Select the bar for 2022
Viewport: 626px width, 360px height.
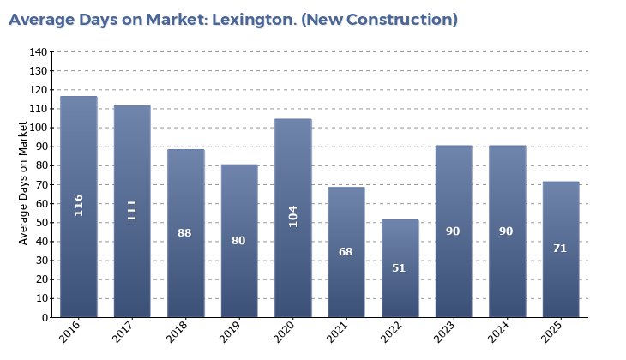coord(400,268)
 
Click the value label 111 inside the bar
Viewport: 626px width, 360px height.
coord(132,210)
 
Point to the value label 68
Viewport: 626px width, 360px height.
coord(346,252)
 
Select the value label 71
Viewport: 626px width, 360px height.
coord(560,249)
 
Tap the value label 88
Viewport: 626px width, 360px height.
coord(184,232)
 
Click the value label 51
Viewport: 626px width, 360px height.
coord(400,268)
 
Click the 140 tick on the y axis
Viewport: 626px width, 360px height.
coord(39,52)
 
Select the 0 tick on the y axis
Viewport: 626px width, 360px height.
coord(45,317)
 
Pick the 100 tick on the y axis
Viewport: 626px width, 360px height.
coord(39,128)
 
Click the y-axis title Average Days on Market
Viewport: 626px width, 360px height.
coord(23,183)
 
